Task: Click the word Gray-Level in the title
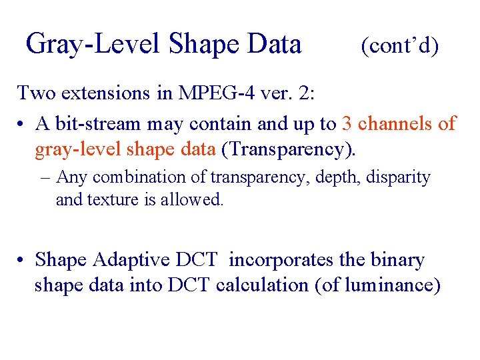93,45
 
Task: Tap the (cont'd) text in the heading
400,45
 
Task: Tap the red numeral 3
347,123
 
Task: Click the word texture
117,199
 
